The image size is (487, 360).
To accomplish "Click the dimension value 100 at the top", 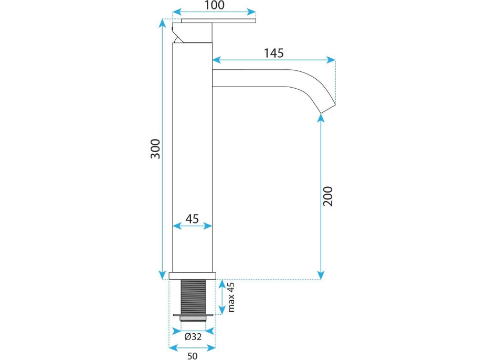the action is pos(214,5).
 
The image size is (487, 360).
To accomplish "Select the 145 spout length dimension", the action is pos(273,53).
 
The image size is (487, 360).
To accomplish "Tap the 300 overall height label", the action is pos(155,149).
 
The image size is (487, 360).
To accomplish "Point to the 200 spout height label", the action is pos(327,196).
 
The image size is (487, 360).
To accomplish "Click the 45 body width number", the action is pos(192,219).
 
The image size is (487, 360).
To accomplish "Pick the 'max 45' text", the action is pos(231,297).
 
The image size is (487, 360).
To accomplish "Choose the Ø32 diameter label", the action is pos(193,336).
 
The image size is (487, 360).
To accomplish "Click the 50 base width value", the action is pos(192,356).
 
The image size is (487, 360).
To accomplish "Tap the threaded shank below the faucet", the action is pos(193,297).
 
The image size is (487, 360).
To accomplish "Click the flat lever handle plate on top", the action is pos(218,21).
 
